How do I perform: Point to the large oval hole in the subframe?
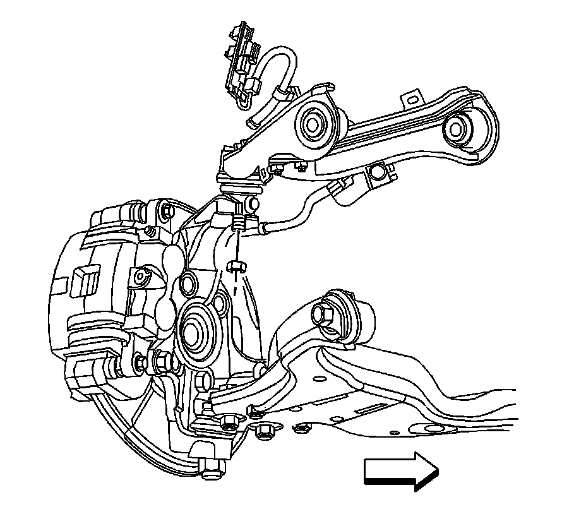(435, 430)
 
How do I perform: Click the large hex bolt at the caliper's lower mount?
(160, 362)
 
